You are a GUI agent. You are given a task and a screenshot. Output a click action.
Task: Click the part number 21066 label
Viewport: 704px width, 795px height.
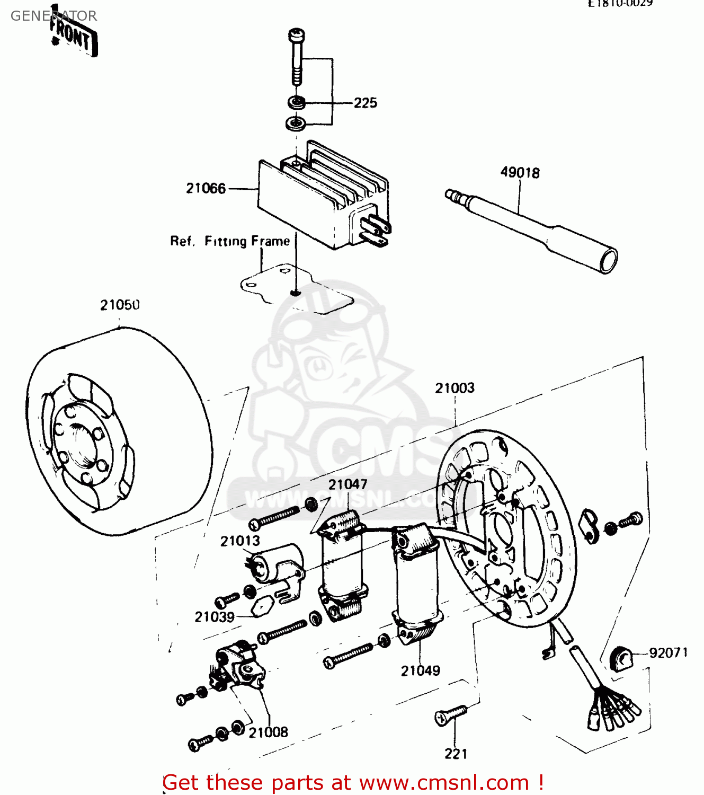[x=206, y=188]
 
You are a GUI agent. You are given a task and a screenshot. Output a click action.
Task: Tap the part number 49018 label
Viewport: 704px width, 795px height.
[x=520, y=172]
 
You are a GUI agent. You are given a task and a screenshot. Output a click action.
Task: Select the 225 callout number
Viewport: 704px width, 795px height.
[x=365, y=103]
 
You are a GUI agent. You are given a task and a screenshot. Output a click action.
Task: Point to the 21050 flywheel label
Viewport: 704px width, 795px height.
[x=120, y=305]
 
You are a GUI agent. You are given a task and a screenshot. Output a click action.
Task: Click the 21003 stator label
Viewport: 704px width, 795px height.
[x=455, y=388]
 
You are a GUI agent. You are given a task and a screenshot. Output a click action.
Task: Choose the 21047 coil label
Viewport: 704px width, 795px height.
[x=347, y=484]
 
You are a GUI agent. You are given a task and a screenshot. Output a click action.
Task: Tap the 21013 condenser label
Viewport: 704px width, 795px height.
[x=240, y=541]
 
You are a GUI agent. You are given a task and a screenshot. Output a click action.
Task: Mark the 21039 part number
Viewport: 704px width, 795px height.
[x=214, y=617]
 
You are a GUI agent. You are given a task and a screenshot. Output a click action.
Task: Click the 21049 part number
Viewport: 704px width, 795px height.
[x=420, y=670]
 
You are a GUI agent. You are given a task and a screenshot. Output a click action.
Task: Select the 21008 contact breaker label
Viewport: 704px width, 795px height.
[x=268, y=732]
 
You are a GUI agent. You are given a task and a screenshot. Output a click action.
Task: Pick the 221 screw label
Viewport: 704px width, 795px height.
[x=456, y=754]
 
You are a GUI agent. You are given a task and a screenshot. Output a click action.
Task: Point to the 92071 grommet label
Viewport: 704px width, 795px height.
[x=668, y=652]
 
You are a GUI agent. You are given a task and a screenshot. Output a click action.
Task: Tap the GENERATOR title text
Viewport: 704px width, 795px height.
[x=54, y=16]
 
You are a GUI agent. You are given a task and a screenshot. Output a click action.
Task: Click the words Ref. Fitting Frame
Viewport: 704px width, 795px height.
[x=230, y=241]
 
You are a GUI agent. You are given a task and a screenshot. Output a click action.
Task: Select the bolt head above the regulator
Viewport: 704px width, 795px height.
[x=297, y=36]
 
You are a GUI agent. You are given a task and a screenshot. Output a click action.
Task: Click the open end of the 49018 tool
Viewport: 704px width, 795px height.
[x=609, y=261]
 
